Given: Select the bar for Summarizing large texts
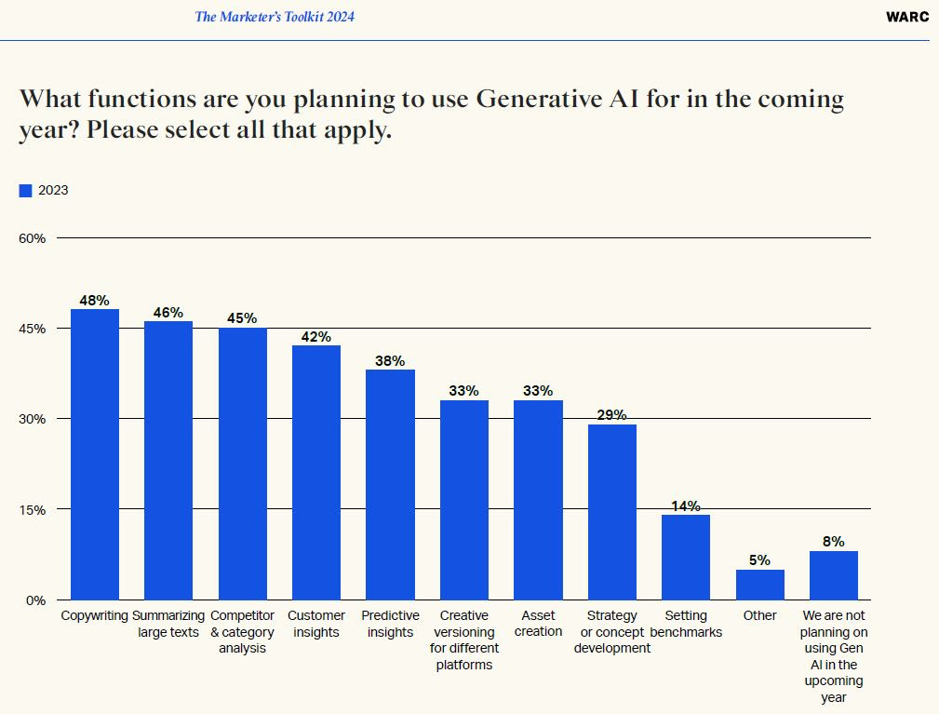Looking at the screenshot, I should point(168,460).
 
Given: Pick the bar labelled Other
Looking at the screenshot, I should point(759,585).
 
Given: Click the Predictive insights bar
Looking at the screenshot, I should point(390,484).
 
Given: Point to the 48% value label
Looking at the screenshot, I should point(95,301).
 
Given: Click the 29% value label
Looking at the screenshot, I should point(611,415).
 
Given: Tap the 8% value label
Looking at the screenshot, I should point(833,541).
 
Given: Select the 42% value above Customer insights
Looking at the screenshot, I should point(316,337).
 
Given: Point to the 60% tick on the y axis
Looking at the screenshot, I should point(33,238).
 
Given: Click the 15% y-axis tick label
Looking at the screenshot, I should point(33,509).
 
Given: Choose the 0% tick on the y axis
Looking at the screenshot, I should point(35,600).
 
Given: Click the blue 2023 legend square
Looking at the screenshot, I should point(25,191).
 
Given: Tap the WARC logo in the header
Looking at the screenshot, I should point(906,17).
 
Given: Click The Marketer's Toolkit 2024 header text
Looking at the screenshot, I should point(275,17).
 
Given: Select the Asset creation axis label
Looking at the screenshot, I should point(538,624).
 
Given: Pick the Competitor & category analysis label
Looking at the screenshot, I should point(242,631).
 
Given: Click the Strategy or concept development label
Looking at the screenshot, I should point(611,631).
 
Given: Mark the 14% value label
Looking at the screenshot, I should point(686,506).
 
